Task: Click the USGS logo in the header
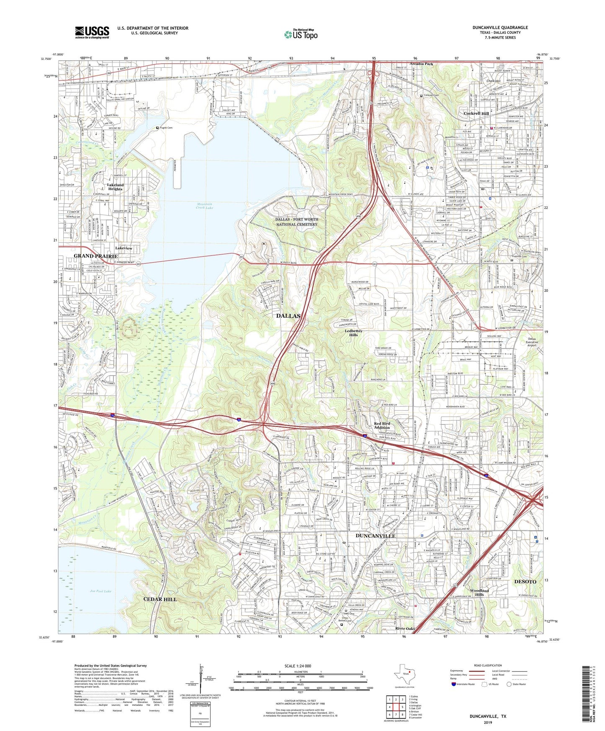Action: click(92, 32)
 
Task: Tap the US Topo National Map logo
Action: click(301, 34)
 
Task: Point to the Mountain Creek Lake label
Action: click(205, 206)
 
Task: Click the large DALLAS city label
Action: click(288, 316)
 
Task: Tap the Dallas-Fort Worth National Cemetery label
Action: click(296, 222)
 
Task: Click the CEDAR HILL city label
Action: click(160, 599)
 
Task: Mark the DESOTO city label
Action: click(525, 582)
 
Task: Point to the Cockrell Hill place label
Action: click(476, 113)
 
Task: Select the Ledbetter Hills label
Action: click(354, 333)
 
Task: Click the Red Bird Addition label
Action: click(382, 426)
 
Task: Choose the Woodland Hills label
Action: click(479, 592)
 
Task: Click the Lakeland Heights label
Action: click(115, 187)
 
